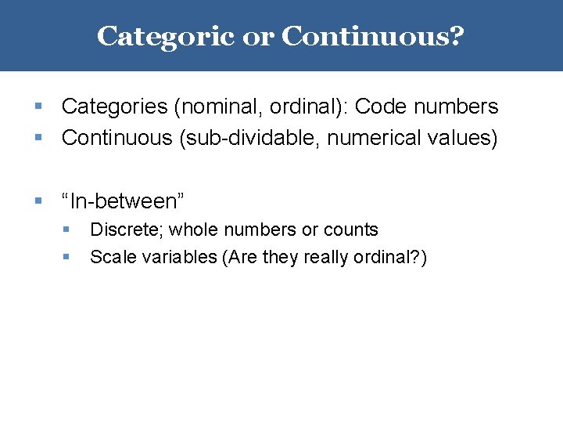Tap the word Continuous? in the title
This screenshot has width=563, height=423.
[x=373, y=36]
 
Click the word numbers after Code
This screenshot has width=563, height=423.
[x=454, y=107]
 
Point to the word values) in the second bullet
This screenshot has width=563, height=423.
[x=461, y=139]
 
